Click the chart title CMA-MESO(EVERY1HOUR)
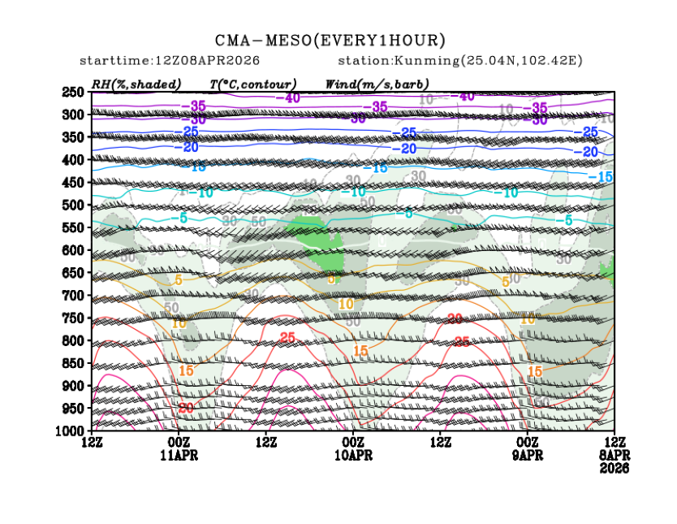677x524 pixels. (x=330, y=40)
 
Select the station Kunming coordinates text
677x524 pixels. (x=460, y=61)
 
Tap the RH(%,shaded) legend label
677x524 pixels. (x=136, y=84)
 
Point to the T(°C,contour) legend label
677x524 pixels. (x=252, y=84)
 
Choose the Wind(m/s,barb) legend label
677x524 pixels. (x=377, y=84)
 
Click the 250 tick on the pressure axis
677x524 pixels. (x=72, y=92)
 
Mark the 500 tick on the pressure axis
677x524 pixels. (x=72, y=205)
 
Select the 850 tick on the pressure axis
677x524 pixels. (x=72, y=362)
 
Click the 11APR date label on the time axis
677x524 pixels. (x=179, y=455)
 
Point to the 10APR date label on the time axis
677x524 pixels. (x=353, y=455)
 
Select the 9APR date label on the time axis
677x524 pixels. (x=528, y=455)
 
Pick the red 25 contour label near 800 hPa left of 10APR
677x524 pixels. (x=287, y=337)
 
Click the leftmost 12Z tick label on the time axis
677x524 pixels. (x=92, y=442)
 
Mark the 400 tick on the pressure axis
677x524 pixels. (x=72, y=160)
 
